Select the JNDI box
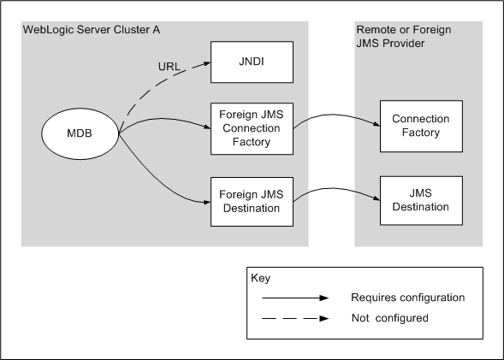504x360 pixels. click(x=252, y=62)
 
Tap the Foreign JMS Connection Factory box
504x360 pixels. click(x=252, y=128)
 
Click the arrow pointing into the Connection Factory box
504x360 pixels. click(x=338, y=112)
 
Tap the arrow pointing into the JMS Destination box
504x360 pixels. click(x=338, y=187)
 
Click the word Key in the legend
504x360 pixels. click(x=261, y=279)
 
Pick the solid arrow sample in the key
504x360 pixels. click(x=294, y=298)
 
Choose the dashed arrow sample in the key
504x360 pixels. click(x=294, y=319)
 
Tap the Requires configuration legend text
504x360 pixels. click(x=407, y=298)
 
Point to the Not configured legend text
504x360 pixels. click(x=389, y=318)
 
